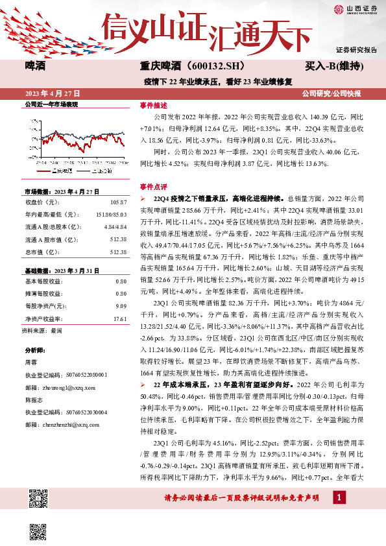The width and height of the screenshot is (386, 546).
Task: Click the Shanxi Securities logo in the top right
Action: (355, 9)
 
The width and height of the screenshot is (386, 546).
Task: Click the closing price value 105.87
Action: (118, 203)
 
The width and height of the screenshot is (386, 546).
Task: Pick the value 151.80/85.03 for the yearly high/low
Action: (111, 213)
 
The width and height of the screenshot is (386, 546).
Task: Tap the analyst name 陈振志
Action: (34, 400)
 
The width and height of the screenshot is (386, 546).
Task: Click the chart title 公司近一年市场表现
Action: (51, 104)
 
